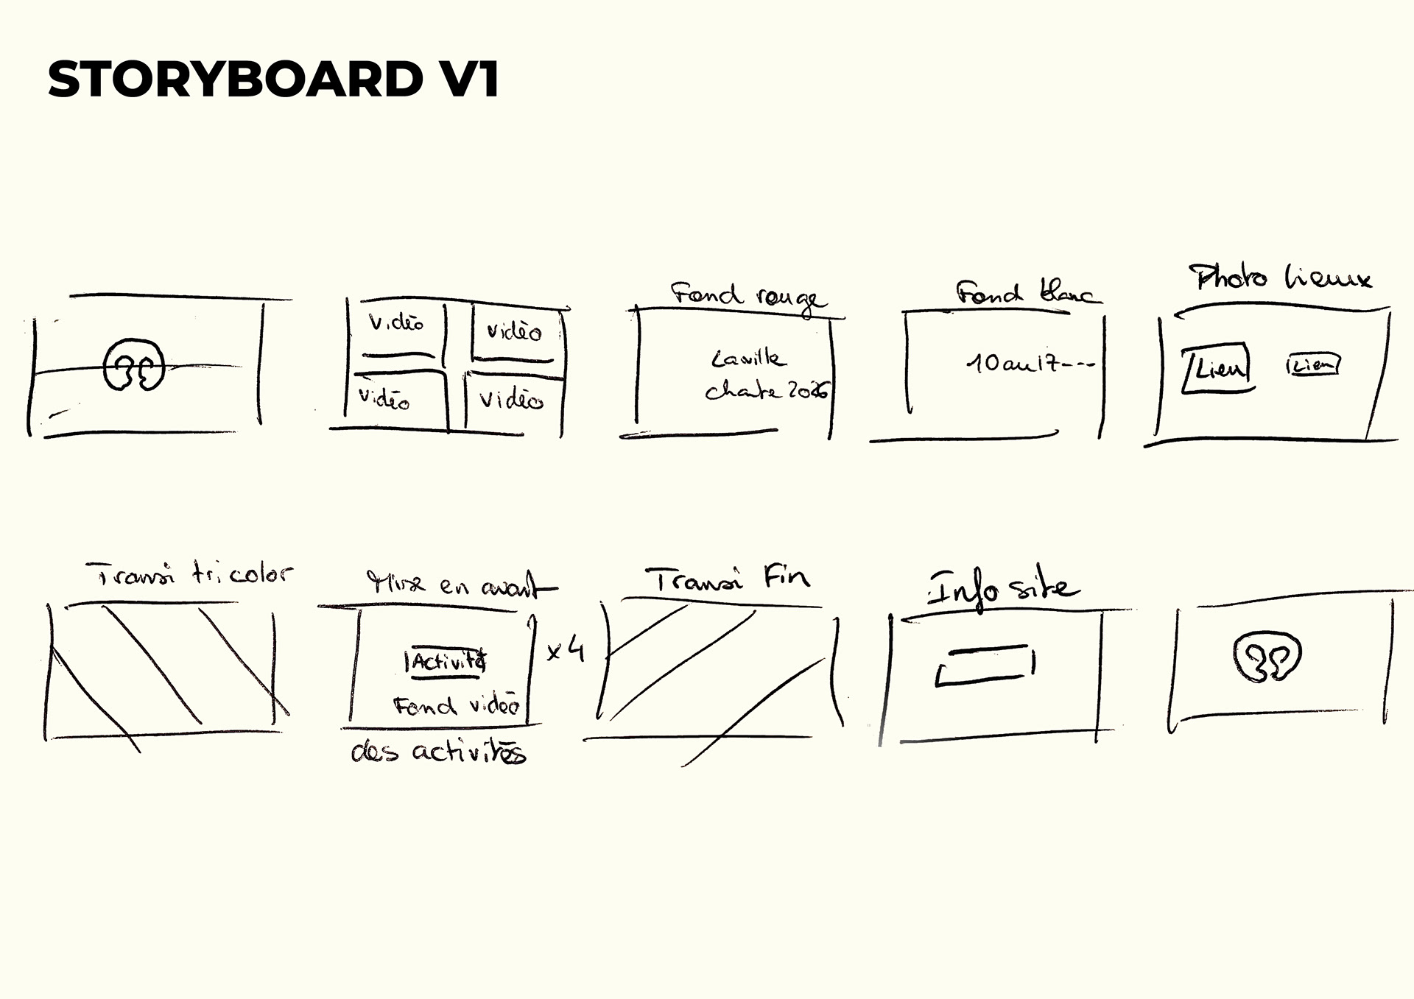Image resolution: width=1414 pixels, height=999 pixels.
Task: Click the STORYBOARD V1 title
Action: [x=273, y=79]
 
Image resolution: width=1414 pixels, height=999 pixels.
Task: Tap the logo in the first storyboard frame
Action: [x=133, y=365]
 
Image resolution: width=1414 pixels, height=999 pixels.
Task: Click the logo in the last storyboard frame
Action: [x=1267, y=657]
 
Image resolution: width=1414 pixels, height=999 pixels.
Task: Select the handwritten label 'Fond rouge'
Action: [x=748, y=297]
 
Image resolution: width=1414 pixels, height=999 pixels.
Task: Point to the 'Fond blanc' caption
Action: [x=1027, y=293]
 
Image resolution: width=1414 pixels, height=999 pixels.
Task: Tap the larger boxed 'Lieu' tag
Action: [x=1217, y=367]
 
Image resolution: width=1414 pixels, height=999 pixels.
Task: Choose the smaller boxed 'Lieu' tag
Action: [x=1313, y=365]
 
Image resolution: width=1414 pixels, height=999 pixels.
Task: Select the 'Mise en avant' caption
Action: [x=462, y=585]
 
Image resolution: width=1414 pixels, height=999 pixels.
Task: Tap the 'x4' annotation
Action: [x=566, y=650]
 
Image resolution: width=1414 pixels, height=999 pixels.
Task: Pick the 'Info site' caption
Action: [x=1002, y=590]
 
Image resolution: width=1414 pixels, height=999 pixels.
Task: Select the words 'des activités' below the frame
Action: [x=438, y=752]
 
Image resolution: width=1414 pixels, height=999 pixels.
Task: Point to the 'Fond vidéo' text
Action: [x=457, y=706]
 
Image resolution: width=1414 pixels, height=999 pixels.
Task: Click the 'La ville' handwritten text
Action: [x=748, y=359]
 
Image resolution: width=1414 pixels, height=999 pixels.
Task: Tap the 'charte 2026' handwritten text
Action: [x=766, y=391]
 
